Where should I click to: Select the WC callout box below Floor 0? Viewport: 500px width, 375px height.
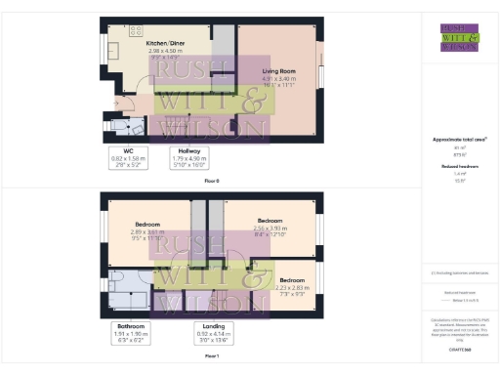[x=128, y=158]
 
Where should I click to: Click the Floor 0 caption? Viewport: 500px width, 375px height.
[x=212, y=182]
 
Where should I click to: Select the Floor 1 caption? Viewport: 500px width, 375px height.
[x=212, y=357]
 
